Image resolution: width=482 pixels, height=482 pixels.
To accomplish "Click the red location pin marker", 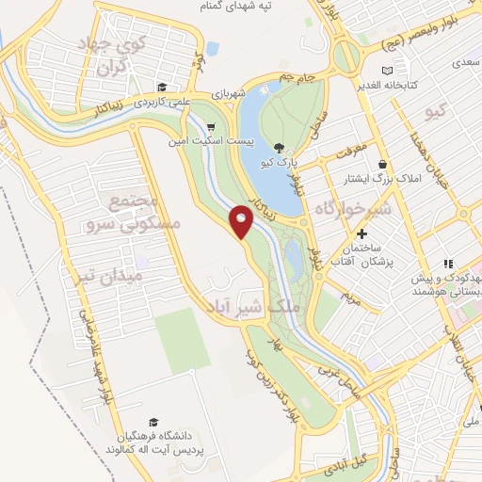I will click(x=242, y=220).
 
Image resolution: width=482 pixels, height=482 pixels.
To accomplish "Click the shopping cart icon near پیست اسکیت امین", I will click(x=211, y=126).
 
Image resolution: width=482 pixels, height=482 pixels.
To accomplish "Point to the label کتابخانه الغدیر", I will click(x=423, y=84).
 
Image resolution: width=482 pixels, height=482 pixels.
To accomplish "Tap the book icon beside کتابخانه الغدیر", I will click(x=388, y=72).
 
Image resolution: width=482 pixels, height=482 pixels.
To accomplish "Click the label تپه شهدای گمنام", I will click(x=266, y=8).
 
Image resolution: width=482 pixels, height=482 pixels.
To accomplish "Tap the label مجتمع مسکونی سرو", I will click(x=124, y=215).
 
